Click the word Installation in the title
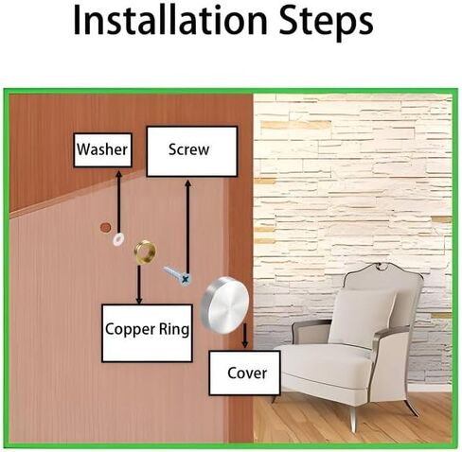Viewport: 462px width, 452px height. (170, 21)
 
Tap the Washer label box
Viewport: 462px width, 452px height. (102, 150)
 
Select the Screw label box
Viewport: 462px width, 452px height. (192, 151)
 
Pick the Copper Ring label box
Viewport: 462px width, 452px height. (147, 333)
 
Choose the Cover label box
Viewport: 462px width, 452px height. (244, 373)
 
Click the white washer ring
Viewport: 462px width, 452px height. (117, 239)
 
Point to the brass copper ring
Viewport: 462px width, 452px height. (145, 252)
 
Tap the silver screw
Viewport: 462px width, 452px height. (177, 276)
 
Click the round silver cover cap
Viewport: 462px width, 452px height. (224, 304)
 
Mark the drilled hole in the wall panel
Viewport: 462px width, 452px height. (105, 227)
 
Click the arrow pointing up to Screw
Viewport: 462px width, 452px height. (187, 227)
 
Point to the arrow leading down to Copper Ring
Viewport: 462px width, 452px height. (139, 285)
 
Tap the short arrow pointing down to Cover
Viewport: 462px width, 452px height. (245, 336)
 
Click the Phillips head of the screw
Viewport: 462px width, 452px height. (187, 279)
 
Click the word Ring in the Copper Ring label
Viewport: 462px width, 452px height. (173, 330)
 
